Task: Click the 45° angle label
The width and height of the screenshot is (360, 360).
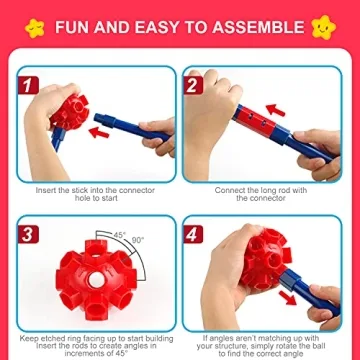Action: (x=121, y=237)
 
